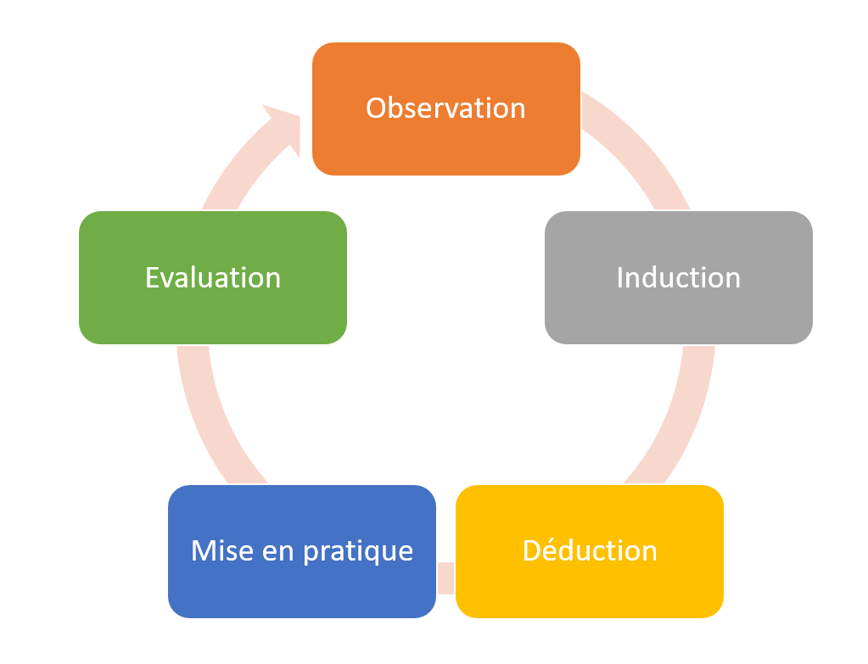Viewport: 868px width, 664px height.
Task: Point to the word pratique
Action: [x=361, y=552]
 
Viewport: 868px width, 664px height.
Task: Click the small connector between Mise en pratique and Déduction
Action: [x=445, y=577]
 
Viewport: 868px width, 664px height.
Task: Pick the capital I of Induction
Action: [x=620, y=277]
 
